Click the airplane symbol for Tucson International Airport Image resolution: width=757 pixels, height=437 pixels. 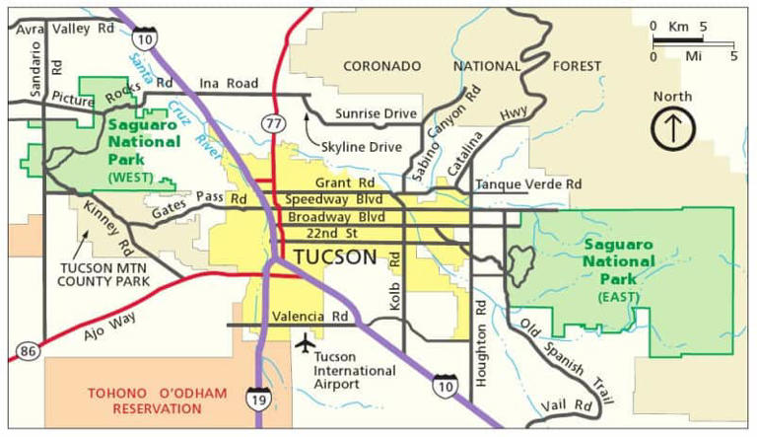coord(304,343)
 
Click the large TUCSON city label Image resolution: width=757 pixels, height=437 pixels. coord(335,257)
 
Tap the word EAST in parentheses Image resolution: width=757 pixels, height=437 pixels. coord(618,295)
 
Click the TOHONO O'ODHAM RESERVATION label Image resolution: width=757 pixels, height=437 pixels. coord(157,401)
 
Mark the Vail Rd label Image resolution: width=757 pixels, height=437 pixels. coord(568,405)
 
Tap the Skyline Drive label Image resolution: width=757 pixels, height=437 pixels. coord(362,147)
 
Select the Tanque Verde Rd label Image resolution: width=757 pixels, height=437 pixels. coord(528,184)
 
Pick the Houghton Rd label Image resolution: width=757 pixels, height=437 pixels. coord(481,341)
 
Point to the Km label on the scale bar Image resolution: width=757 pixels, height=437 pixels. coord(678,26)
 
